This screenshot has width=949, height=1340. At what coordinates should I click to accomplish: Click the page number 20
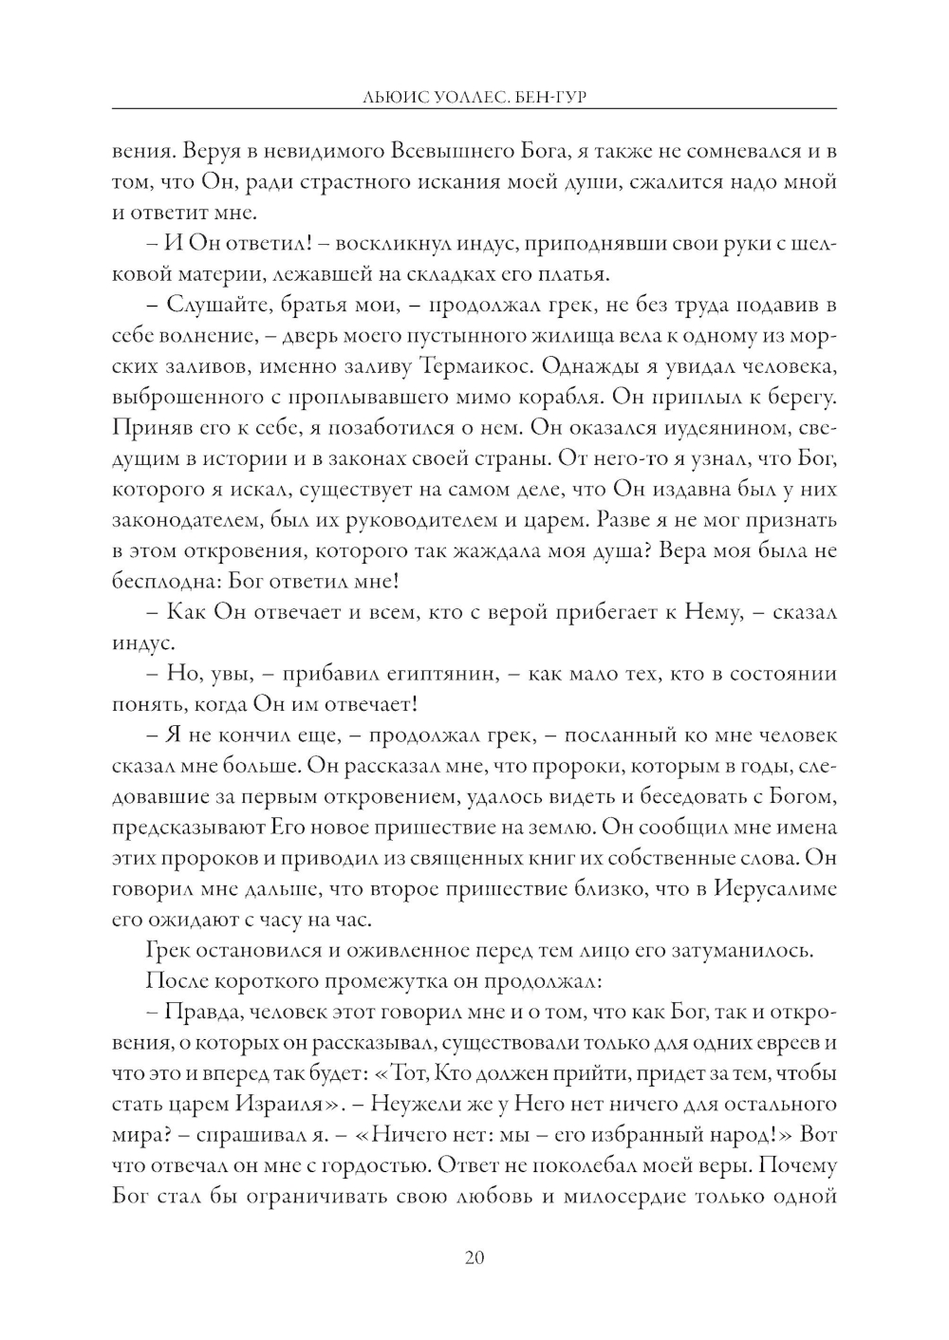pyautogui.click(x=474, y=1257)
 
